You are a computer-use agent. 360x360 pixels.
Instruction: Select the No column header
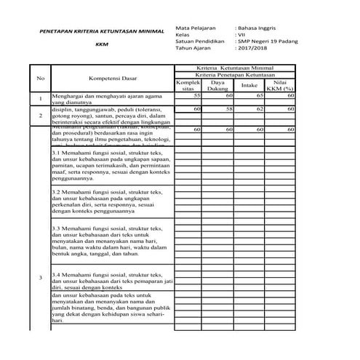tap(41, 78)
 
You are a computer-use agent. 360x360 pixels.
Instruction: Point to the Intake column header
tap(249, 85)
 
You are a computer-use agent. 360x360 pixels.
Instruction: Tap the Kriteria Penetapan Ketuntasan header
tap(234, 75)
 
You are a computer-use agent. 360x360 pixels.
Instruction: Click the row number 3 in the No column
tap(41, 279)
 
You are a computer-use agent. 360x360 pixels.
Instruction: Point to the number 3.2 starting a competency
tap(57, 192)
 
